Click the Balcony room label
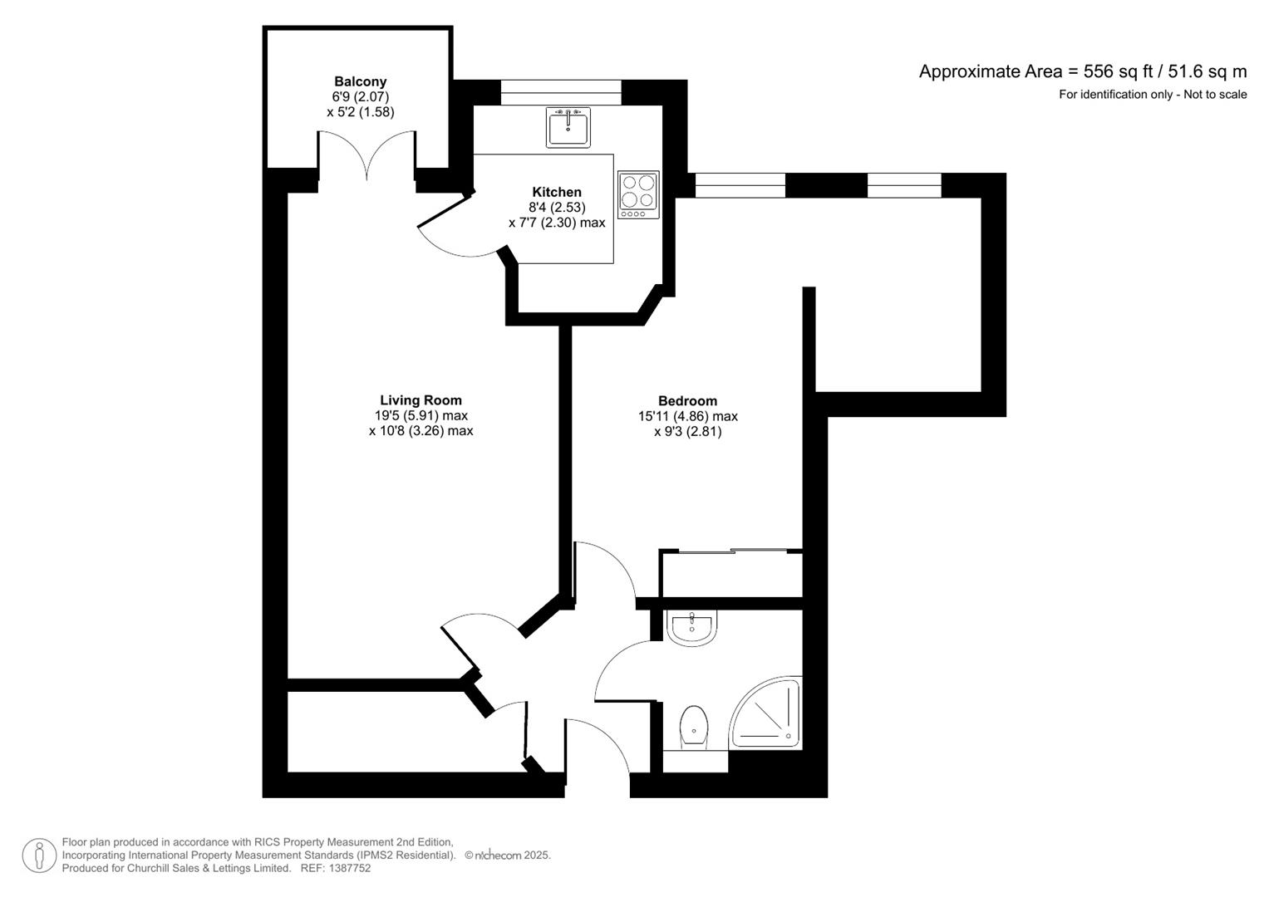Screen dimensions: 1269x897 point(361,81)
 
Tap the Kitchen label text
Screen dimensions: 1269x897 point(557,192)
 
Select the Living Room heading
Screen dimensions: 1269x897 point(421,400)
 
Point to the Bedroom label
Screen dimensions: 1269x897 point(688,401)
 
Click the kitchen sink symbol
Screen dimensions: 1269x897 point(568,127)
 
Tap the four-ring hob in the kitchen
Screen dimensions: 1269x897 point(638,195)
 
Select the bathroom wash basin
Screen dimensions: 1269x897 point(691,627)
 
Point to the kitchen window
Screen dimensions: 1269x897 point(561,92)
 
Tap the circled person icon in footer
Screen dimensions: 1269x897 point(39,855)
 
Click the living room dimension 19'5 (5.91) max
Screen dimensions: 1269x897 point(418,415)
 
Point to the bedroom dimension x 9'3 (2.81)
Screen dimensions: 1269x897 point(688,432)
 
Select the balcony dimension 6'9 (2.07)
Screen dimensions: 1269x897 point(361,97)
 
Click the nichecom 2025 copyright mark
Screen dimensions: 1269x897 point(508,855)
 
